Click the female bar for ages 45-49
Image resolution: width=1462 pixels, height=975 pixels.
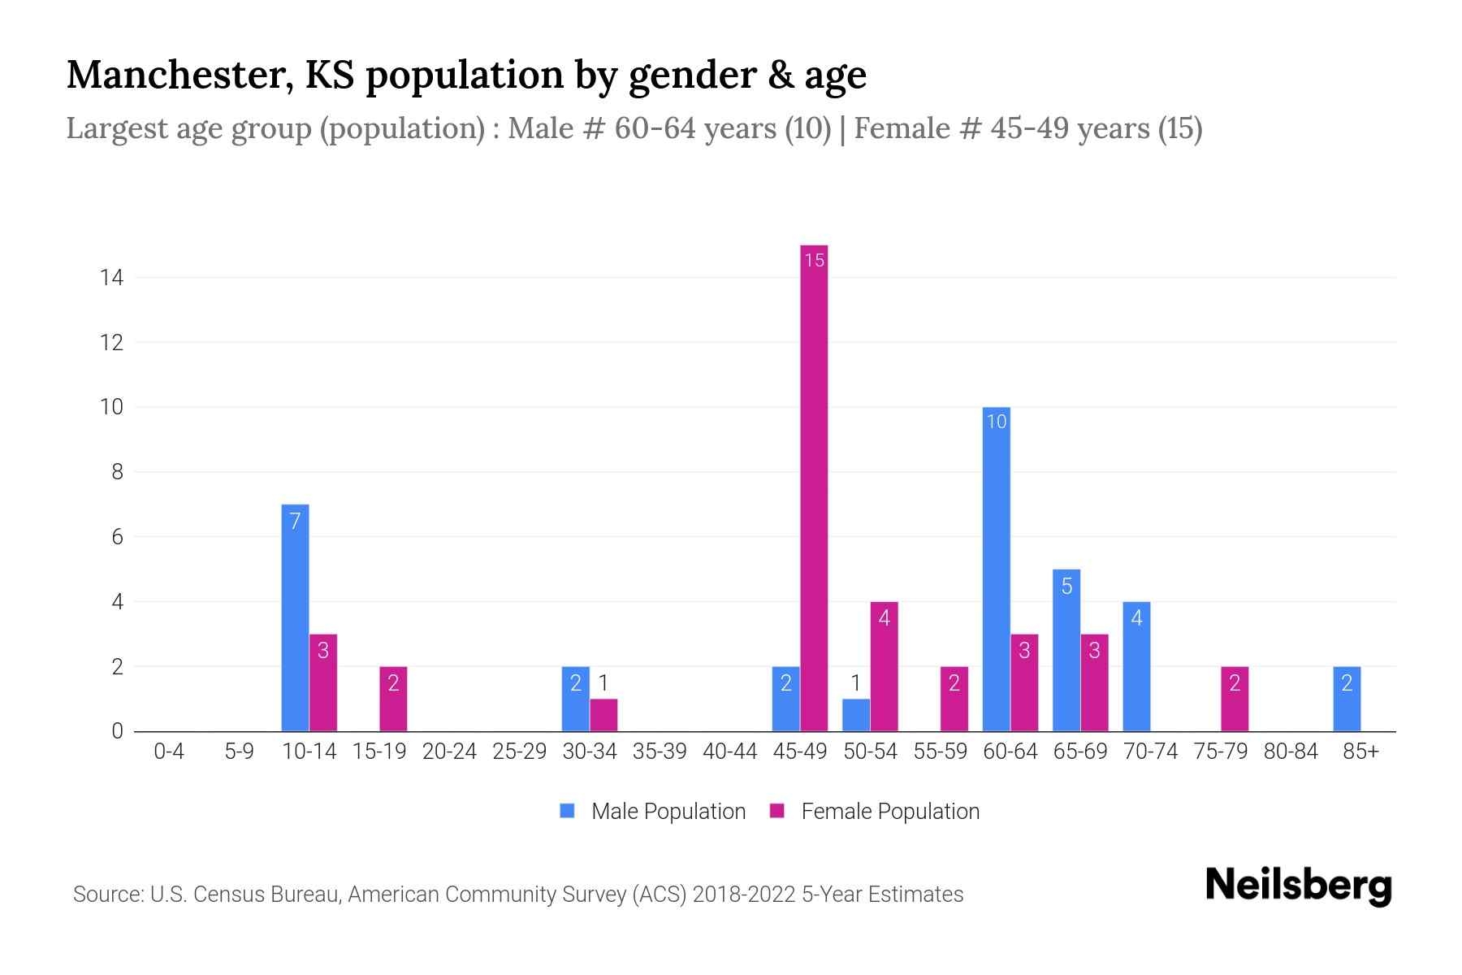coord(814,487)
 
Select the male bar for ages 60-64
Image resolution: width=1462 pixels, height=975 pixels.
coord(996,569)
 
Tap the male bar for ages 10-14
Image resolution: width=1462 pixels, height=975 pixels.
coord(295,617)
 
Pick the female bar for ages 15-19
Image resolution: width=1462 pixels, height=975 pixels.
coord(393,699)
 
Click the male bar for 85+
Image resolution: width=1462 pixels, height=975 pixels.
coord(1347,699)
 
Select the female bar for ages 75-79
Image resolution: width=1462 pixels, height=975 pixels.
coord(1235,699)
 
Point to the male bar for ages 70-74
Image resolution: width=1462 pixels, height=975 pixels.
coord(1136,666)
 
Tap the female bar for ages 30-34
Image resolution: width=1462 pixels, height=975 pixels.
coord(603,715)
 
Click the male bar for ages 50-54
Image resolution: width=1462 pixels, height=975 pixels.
coord(856,715)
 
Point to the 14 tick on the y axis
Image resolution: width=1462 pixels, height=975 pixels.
coord(111,278)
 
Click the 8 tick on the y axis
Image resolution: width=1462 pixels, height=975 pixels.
coord(117,472)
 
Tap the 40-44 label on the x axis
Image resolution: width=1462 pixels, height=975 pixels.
coord(729,752)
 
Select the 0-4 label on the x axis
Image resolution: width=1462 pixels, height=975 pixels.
coord(169,752)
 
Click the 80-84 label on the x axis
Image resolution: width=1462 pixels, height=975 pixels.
coord(1291,752)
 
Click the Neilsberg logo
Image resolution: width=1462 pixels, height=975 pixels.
coord(1298,886)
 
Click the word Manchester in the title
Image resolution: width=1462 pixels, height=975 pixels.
coord(180,75)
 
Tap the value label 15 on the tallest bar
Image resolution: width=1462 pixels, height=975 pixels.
coord(814,260)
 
